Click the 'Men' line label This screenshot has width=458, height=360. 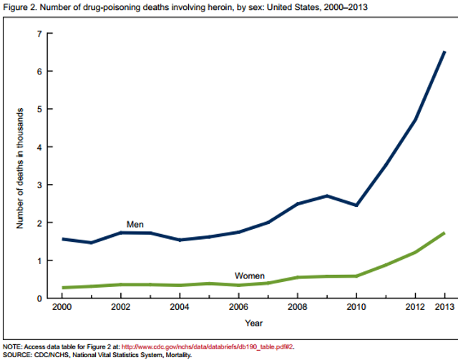click(135, 224)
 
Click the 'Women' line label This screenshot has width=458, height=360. click(251, 276)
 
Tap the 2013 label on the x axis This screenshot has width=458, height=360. click(444, 308)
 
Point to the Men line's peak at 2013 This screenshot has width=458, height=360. click(444, 52)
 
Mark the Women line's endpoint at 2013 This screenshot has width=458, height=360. click(444, 233)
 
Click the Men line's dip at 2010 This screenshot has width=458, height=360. click(356, 205)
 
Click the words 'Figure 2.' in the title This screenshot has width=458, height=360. click(19, 7)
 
